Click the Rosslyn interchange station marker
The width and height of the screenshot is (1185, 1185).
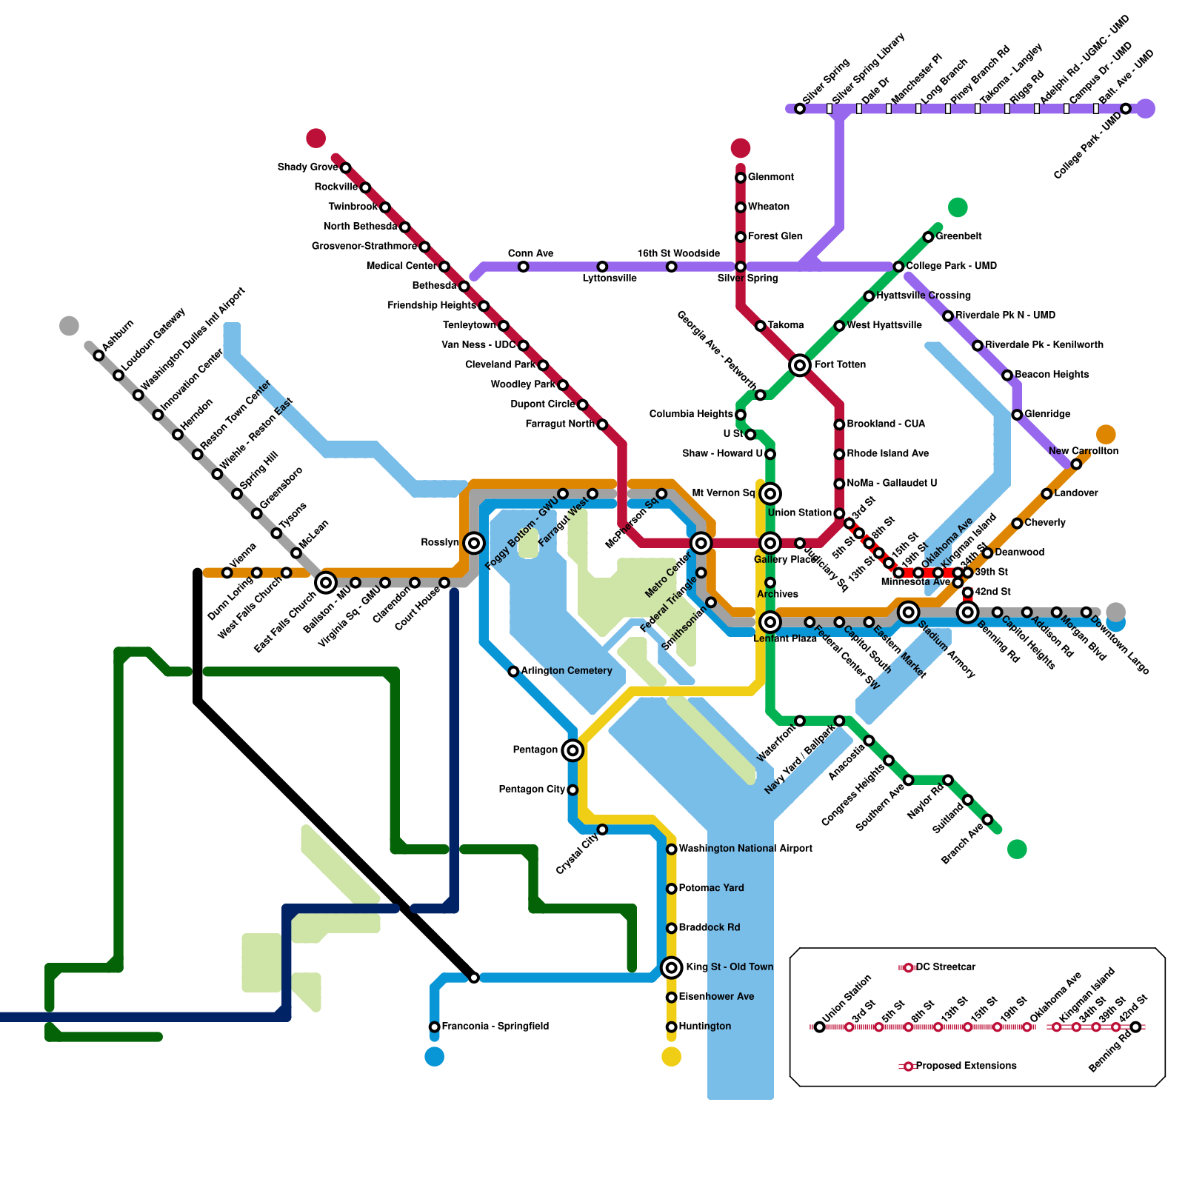tap(474, 543)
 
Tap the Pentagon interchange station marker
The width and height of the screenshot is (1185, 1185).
tap(573, 750)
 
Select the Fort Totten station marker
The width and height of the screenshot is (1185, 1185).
tap(799, 364)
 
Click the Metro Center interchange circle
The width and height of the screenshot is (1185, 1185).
tap(701, 543)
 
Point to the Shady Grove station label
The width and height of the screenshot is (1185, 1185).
tap(307, 167)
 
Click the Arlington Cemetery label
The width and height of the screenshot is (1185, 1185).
tap(567, 671)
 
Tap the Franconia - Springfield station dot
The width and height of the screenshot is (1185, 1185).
tap(435, 1027)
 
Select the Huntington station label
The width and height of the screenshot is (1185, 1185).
tap(705, 1027)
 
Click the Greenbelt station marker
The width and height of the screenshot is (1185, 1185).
tap(928, 237)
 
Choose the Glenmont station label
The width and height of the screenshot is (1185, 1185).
tap(771, 177)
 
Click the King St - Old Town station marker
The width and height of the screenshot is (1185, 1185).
tap(671, 967)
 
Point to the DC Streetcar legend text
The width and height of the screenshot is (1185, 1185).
tap(946, 967)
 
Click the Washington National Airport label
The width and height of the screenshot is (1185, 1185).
tap(745, 849)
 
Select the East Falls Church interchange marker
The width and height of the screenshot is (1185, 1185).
tap(326, 583)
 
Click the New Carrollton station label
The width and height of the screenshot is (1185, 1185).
tap(1083, 451)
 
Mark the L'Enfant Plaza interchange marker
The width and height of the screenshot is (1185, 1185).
tap(770, 621)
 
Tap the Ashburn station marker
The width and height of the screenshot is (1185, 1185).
tap(99, 355)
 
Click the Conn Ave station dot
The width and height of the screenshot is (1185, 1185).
tap(523, 267)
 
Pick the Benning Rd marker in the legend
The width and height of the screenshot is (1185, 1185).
tap(1135, 1027)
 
